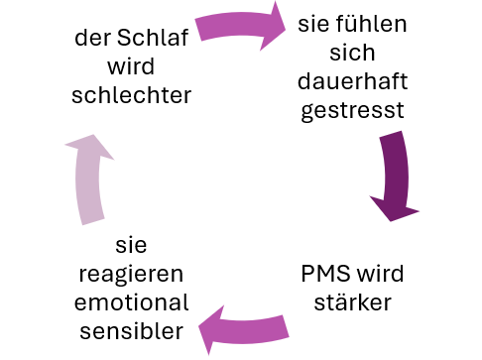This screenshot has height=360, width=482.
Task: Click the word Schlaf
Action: coord(159,40)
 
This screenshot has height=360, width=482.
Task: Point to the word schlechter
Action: coord(133,95)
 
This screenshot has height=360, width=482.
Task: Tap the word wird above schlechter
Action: coord(133,67)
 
